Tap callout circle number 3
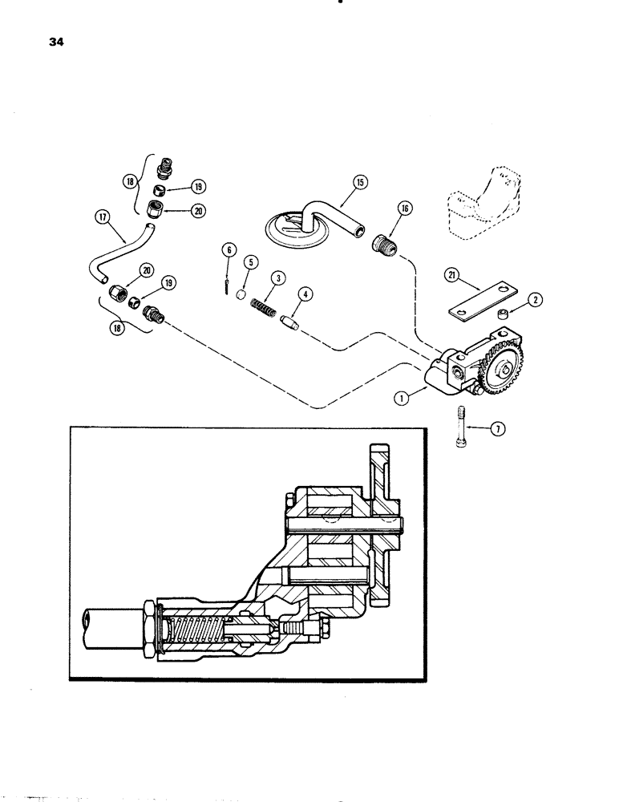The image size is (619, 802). click(278, 277)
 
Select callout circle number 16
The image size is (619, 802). click(403, 209)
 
